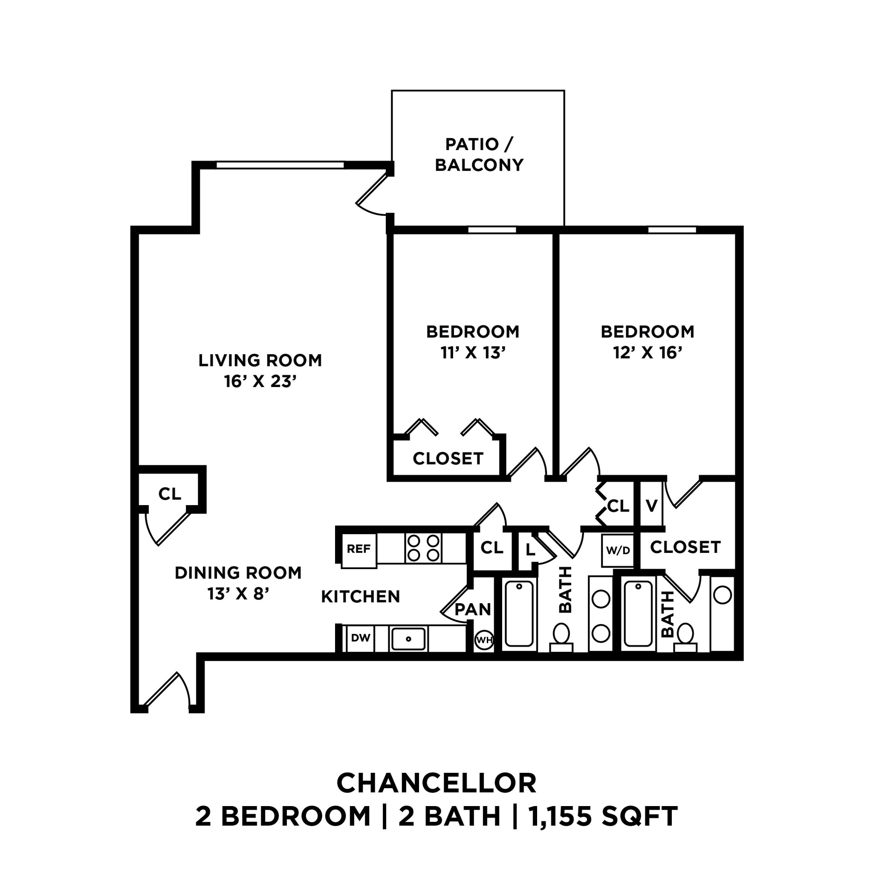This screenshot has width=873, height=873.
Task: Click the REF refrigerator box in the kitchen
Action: [x=359, y=549]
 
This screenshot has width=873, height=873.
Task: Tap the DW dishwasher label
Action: [x=361, y=638]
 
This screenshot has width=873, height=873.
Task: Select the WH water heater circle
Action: [x=484, y=640]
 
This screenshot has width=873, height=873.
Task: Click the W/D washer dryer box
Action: [x=618, y=550]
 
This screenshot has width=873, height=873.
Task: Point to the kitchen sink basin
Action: [x=408, y=639]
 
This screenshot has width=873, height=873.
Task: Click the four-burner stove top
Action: [x=423, y=548]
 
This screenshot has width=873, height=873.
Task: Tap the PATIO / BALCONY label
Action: [x=479, y=155]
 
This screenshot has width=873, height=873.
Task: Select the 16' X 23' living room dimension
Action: [x=260, y=382]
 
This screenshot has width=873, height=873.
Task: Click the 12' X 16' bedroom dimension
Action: [x=647, y=353]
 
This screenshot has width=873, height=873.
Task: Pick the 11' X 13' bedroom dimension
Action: [x=473, y=353]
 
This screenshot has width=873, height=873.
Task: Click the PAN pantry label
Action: [x=473, y=610]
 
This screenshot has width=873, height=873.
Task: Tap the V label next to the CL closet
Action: [x=651, y=506]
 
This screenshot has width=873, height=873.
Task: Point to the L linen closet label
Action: [x=530, y=550]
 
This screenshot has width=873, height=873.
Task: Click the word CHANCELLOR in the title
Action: [x=436, y=783]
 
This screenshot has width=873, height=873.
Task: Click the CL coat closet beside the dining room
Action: [x=170, y=494]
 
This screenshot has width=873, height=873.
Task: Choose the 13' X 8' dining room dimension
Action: [x=238, y=594]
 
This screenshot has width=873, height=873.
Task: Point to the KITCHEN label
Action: [x=361, y=597]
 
